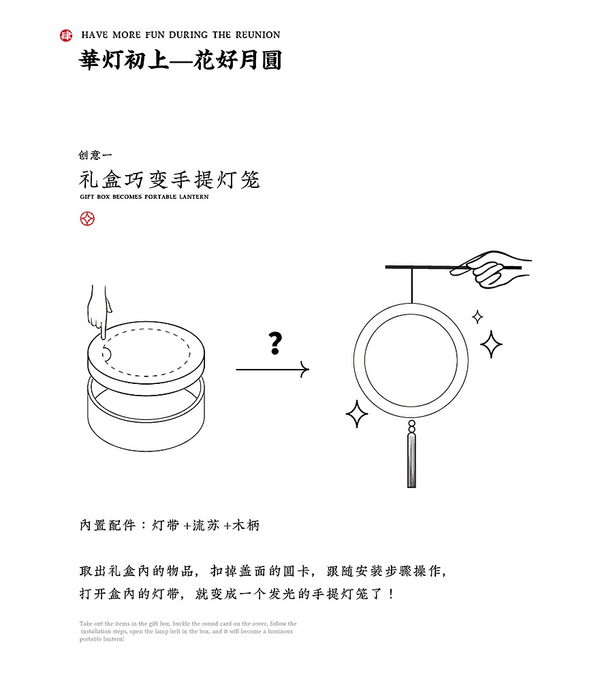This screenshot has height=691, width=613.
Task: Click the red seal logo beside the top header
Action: pyautogui.click(x=66, y=35)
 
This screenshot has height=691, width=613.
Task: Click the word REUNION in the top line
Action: pyautogui.click(x=257, y=35)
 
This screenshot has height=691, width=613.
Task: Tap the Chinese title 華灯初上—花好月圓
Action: pyautogui.click(x=180, y=61)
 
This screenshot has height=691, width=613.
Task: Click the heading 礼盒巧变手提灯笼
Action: pyautogui.click(x=170, y=180)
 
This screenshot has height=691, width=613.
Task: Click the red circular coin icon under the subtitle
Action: pyautogui.click(x=87, y=219)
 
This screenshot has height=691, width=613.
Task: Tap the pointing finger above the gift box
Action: pyautogui.click(x=100, y=313)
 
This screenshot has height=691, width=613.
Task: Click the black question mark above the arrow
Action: pyautogui.click(x=274, y=343)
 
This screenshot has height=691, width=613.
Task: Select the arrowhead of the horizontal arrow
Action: pyautogui.click(x=304, y=370)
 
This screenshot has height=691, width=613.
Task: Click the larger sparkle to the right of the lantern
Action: pyautogui.click(x=491, y=344)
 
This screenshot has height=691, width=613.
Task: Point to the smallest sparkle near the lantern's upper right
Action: pyautogui.click(x=477, y=317)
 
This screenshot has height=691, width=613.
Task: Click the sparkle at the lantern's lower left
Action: pyautogui.click(x=356, y=414)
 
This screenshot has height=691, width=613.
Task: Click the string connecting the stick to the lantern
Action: pyautogui.click(x=411, y=285)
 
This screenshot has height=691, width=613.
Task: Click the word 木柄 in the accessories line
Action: pyautogui.click(x=246, y=526)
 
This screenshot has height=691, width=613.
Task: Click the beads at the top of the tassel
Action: pyautogui.click(x=411, y=427)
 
